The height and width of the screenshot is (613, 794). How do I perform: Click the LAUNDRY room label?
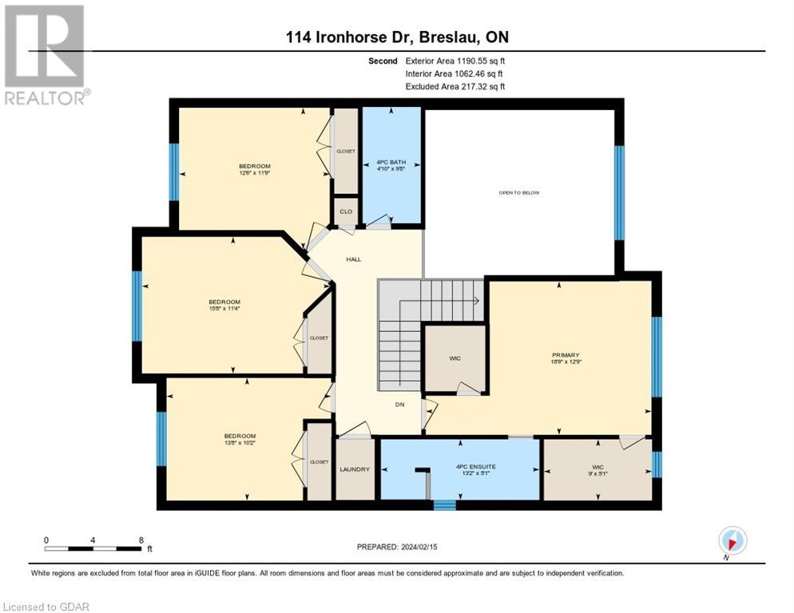[355, 469]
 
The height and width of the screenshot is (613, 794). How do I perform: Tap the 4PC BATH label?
[391, 162]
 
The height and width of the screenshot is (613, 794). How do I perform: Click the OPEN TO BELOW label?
[520, 193]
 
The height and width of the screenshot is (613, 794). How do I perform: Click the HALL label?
[354, 259]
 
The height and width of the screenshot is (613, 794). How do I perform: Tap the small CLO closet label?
[345, 212]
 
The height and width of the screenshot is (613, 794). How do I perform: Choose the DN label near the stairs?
[400, 405]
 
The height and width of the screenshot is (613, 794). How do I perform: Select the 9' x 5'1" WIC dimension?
[597, 473]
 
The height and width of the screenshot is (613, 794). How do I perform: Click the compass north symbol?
[732, 540]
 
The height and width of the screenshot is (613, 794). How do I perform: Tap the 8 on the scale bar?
[141, 540]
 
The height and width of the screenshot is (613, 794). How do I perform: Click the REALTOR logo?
[45, 56]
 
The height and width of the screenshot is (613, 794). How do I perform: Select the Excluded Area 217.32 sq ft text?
[455, 86]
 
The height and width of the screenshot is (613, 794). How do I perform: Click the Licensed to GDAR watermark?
[46, 607]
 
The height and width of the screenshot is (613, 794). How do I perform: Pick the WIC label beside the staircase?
[455, 358]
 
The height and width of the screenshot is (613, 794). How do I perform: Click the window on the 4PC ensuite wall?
[444, 504]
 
